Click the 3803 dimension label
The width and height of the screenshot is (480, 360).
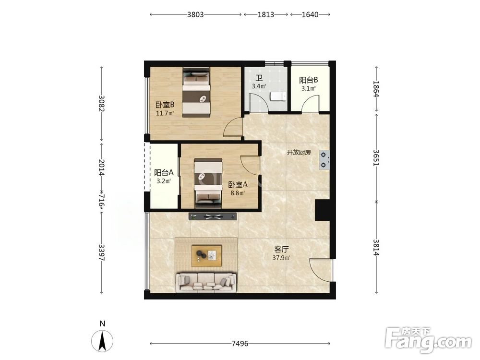tap(195, 14)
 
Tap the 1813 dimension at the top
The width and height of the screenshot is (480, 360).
tap(265, 14)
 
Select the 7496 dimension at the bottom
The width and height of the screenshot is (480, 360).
tap(240, 344)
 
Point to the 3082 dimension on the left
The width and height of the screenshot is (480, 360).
tap(102, 104)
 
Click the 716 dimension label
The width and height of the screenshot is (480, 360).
tap(102, 201)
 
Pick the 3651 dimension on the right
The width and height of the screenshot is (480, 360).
tap(376, 157)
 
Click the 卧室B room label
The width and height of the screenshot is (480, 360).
tap(165, 105)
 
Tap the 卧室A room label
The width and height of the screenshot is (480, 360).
tap(238, 185)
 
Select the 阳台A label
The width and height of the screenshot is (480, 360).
tap(164, 173)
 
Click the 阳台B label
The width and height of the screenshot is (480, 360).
tap(309, 80)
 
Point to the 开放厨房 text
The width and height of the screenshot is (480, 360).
tap(299, 152)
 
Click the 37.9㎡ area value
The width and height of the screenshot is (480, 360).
tap(281, 258)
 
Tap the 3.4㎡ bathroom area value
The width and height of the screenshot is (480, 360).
tap(259, 86)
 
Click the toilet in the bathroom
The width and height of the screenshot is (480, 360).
tap(278, 96)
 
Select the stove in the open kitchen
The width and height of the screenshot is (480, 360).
tap(324, 160)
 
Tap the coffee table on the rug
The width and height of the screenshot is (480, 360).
tap(206, 256)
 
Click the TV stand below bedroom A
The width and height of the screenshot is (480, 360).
tap(213, 216)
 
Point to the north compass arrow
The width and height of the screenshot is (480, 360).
tap(102, 340)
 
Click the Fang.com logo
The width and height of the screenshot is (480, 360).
tap(428, 340)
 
